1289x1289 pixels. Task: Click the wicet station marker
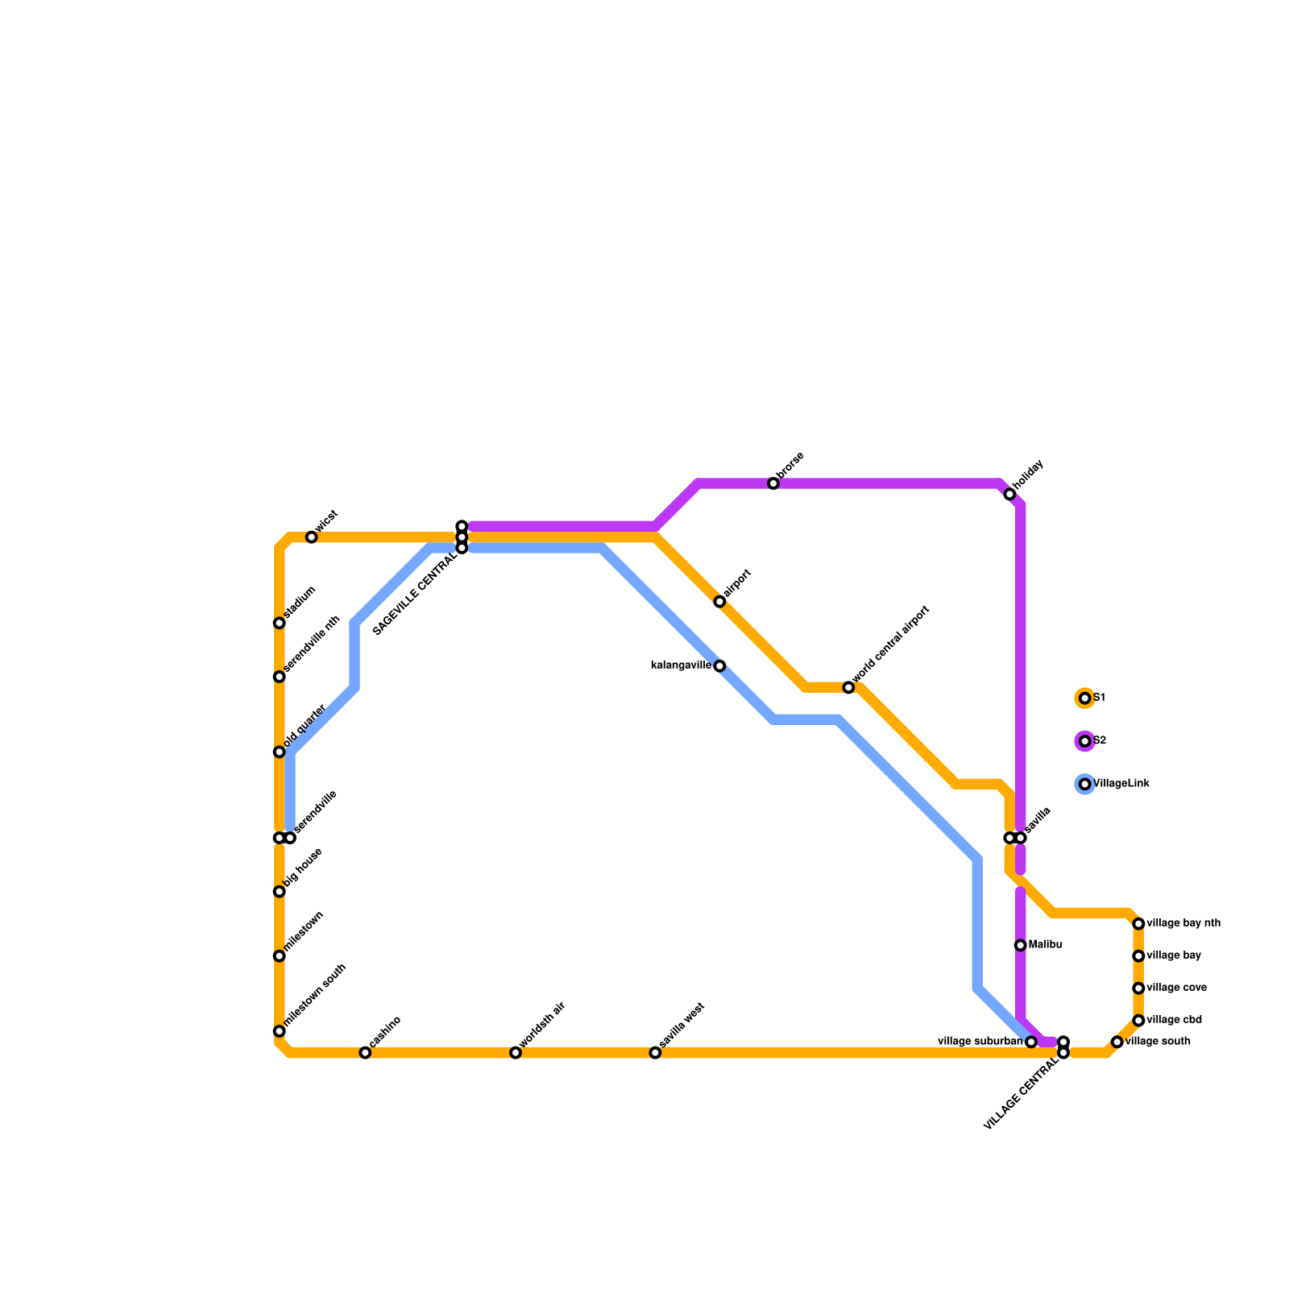click(x=312, y=537)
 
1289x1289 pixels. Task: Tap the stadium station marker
click(x=280, y=623)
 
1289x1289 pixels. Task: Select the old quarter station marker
click(x=280, y=752)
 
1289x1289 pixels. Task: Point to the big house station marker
click(x=280, y=891)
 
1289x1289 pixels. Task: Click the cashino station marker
click(x=365, y=1052)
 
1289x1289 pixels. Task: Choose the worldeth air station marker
click(x=516, y=1052)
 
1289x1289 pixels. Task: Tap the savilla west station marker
click(x=655, y=1052)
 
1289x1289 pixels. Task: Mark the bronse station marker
click(x=773, y=483)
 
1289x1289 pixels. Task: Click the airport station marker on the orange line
click(x=719, y=602)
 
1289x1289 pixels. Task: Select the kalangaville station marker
click(x=719, y=665)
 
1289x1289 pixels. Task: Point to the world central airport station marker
click(x=848, y=687)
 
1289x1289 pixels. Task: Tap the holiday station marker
click(x=1009, y=494)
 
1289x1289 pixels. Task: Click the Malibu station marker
click(x=1020, y=945)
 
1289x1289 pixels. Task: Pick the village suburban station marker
click(x=1031, y=1042)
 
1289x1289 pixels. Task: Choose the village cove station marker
click(x=1138, y=988)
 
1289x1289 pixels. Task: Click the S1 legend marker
click(x=1085, y=698)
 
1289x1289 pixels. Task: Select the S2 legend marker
click(x=1085, y=740)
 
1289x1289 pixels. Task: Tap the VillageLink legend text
click(x=1121, y=784)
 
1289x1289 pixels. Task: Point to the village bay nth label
click(x=1183, y=923)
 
